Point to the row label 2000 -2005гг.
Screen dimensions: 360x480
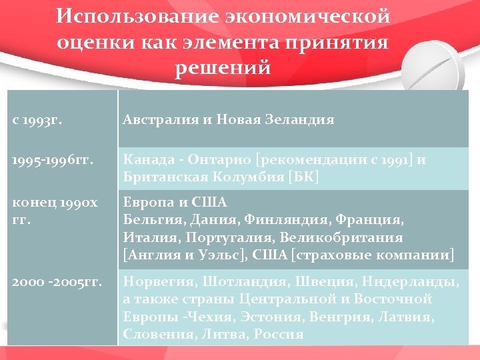tap(57, 282)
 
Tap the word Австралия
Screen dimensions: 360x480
tap(159, 120)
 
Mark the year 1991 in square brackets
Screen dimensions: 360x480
tap(402, 160)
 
